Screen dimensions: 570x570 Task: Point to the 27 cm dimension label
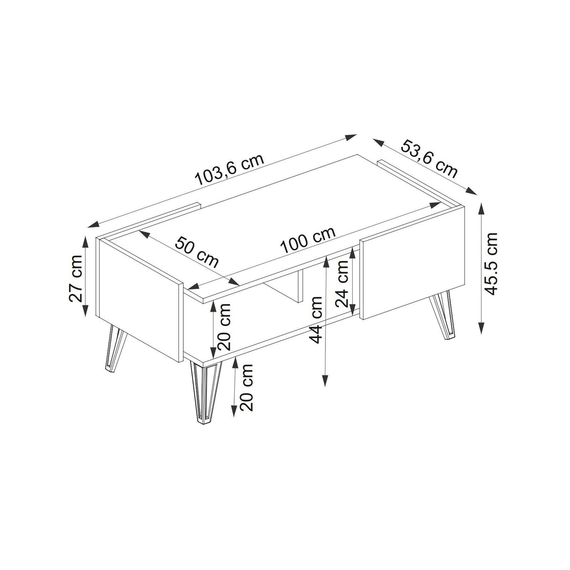pyautogui.click(x=75, y=278)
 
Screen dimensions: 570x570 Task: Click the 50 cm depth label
pyautogui.click(x=197, y=251)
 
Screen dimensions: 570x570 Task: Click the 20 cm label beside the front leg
pyautogui.click(x=246, y=387)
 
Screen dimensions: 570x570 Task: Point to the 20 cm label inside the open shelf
pyautogui.click(x=223, y=327)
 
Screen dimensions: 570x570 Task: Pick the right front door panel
pyautogui.click(x=412, y=263)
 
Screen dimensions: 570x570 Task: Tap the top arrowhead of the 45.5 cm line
pyautogui.click(x=482, y=209)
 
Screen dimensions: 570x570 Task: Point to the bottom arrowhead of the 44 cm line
pyautogui.click(x=325, y=379)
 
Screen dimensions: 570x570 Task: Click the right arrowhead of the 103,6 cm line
pyautogui.click(x=350, y=137)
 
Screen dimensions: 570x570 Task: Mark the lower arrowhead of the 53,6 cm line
pyautogui.click(x=471, y=191)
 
